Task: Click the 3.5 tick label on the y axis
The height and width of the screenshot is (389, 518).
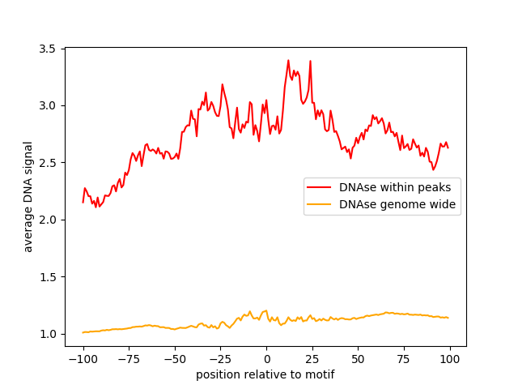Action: point(48,49)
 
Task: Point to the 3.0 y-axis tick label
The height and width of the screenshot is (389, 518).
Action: point(48,106)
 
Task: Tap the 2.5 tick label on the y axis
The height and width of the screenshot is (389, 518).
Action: point(48,163)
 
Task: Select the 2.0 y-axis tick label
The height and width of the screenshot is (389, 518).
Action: point(48,220)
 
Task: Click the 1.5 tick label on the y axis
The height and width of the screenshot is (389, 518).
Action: point(48,277)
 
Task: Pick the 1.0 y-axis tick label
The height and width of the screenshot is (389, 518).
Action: point(48,334)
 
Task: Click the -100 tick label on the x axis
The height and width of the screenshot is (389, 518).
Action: point(83,358)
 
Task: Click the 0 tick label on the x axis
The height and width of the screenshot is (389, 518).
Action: point(266,358)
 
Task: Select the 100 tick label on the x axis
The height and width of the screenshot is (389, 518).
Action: point(450,358)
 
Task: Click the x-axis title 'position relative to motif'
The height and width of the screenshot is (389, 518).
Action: point(265,374)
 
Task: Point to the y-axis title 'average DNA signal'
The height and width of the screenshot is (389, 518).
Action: point(28,197)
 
